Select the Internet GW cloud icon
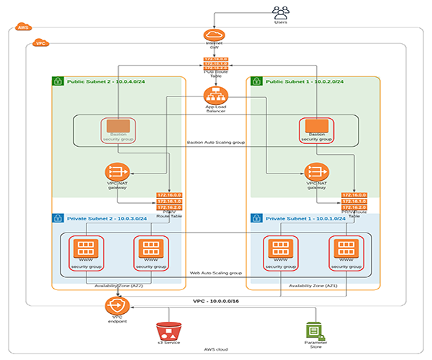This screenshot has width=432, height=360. point(215,36)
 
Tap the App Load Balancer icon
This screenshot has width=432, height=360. point(215,94)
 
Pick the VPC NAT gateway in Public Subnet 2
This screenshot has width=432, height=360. point(118,173)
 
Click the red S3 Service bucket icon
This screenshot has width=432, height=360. point(168,331)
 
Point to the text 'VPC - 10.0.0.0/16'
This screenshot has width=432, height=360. point(217,300)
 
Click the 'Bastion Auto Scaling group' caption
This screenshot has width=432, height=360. point(215,143)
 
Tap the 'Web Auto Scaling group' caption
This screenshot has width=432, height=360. point(215,274)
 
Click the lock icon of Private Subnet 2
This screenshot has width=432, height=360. point(58,216)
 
